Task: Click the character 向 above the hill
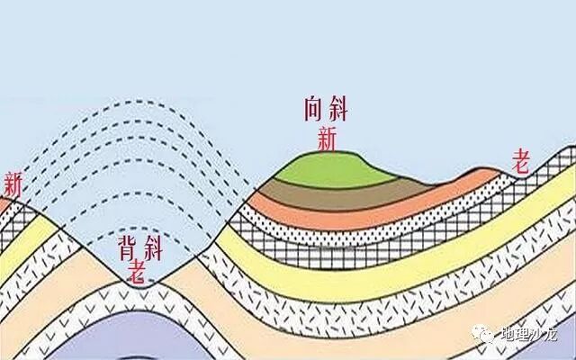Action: pyautogui.click(x=314, y=111)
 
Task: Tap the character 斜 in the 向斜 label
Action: pyautogui.click(x=337, y=111)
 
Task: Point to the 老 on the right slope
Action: pyautogui.click(x=520, y=163)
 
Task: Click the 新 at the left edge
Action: pyautogui.click(x=12, y=184)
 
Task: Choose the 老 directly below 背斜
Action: pyautogui.click(x=138, y=268)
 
